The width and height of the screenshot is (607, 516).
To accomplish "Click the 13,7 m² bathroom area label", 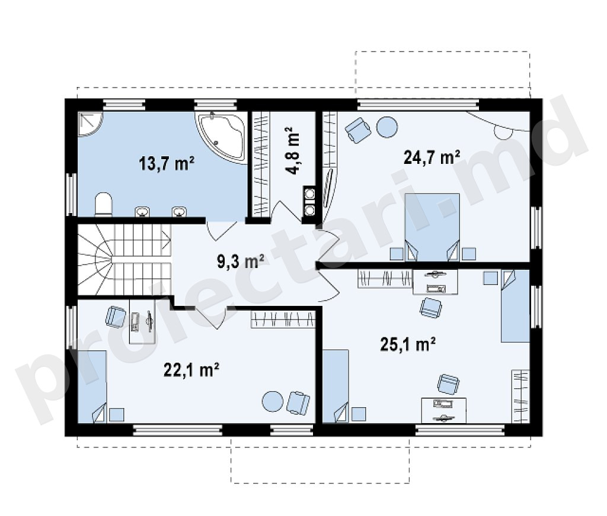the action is click(167, 163).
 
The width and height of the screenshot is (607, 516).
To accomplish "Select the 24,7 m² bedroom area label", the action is click(432, 157).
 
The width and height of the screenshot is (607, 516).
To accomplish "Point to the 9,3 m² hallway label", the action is click(240, 262).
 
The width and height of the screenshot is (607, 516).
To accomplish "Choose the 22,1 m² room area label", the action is click(191, 370).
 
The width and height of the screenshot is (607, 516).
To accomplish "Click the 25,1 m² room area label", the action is click(408, 344).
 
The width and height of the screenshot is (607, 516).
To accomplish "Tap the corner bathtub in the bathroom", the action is click(222, 137).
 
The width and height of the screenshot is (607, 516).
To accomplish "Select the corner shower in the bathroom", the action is click(90, 124).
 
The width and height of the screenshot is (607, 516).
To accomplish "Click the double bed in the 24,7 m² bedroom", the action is click(432, 227).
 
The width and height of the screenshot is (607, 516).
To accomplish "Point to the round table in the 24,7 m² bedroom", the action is click(387, 127).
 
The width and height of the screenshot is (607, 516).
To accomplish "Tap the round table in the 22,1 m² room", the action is click(273, 402).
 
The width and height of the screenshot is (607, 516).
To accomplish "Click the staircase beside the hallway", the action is click(124, 260).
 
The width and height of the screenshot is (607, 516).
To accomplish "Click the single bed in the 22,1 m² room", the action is click(92, 386).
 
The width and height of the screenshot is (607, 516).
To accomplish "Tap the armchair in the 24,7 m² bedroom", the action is click(359, 130).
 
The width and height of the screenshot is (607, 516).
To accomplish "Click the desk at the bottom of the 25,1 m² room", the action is click(443, 411).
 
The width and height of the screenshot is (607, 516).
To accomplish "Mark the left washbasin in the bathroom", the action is click(142, 212).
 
